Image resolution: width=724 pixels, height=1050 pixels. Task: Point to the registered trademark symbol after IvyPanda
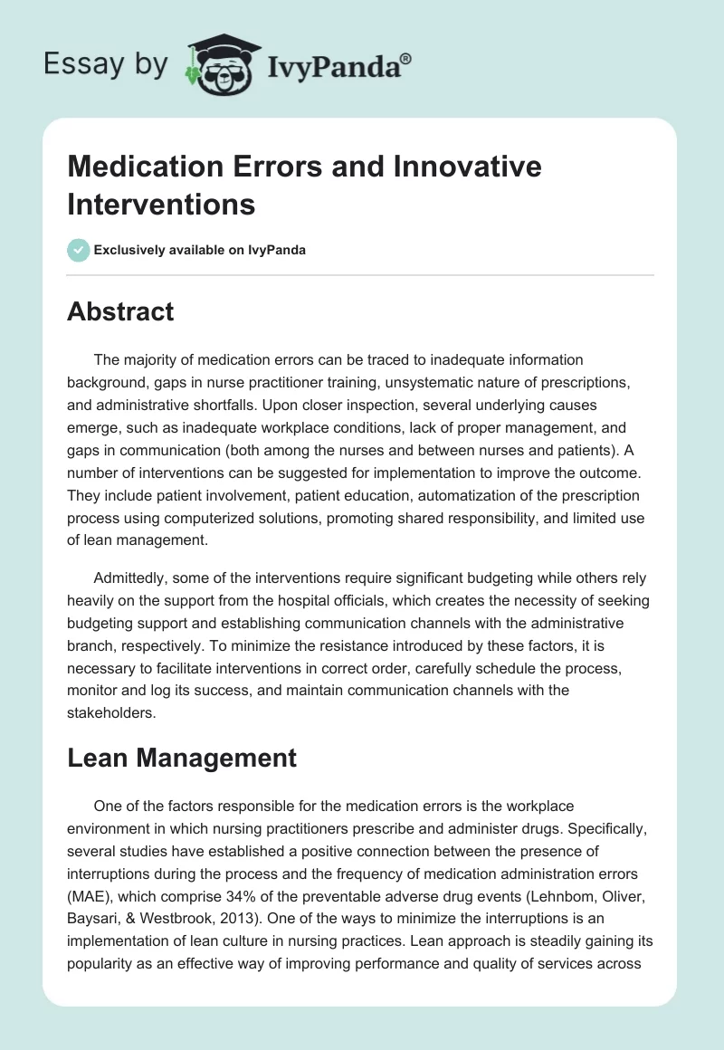405,57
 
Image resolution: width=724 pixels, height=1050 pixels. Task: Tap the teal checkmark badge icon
79,250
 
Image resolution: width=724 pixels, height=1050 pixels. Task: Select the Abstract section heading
120,311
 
